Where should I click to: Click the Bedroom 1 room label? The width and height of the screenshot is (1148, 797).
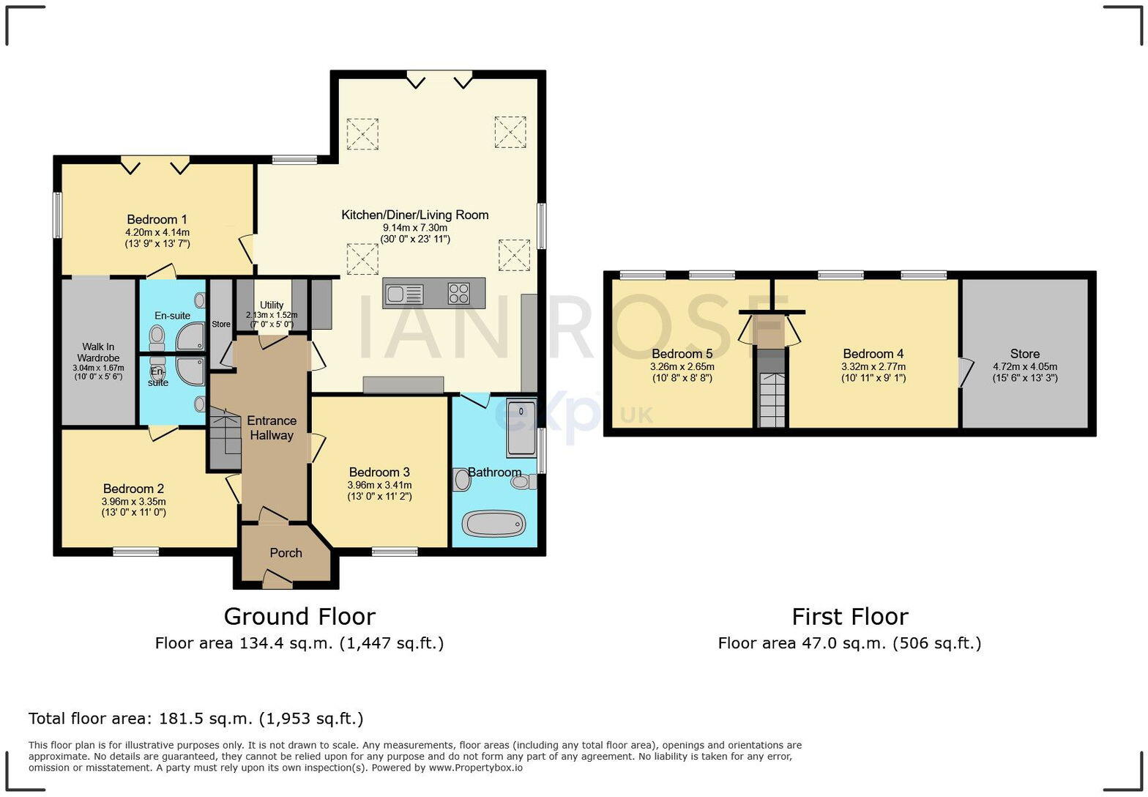pos(157,220)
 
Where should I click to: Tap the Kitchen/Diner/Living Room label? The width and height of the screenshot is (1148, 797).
pos(414,215)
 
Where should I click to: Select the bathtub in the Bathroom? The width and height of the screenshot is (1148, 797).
pos(493,524)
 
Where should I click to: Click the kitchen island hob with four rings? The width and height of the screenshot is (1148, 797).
pos(459,293)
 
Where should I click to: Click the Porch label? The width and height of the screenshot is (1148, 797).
pos(286,553)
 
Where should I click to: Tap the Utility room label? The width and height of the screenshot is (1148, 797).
pos(271,305)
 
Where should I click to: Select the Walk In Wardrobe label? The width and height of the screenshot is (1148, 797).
pos(97,352)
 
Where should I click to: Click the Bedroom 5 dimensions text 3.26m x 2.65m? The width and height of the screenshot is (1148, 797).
pos(682,367)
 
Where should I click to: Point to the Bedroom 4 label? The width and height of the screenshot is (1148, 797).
pos(873,354)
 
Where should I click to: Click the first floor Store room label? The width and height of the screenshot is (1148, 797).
pos(1024,354)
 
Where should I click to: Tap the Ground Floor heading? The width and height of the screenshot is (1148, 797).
pos(299,616)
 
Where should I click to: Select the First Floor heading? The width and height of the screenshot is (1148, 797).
pos(849,616)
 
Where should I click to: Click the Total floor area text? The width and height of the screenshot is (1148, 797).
pos(195,719)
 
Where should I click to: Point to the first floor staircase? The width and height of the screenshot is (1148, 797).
pos(771,400)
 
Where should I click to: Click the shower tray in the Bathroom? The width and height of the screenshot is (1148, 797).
pos(521,427)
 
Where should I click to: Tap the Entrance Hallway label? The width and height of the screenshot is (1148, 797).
pos(271,428)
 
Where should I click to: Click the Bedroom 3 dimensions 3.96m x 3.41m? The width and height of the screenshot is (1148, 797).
pos(379,485)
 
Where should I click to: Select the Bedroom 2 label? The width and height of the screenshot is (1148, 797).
pos(133,489)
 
